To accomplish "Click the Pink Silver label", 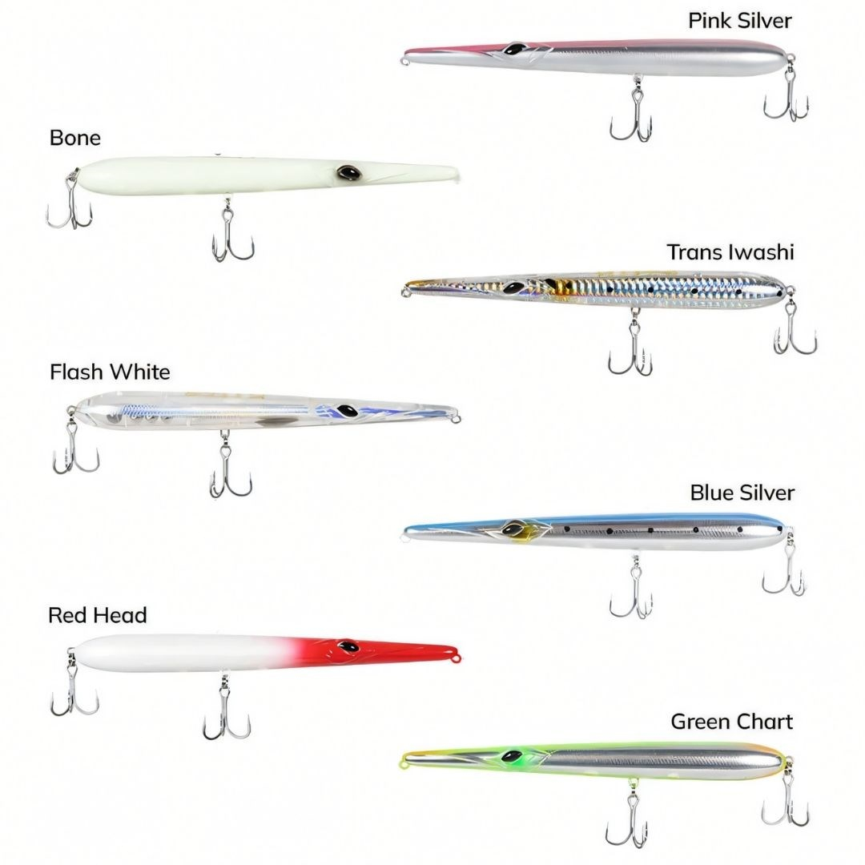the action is click(740, 21).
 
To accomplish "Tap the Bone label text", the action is click(75, 138).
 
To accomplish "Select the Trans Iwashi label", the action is click(730, 252).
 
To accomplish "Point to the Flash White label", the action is click(110, 372).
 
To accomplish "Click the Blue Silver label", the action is click(742, 493).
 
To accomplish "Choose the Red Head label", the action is click(98, 615).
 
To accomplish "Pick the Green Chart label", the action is click(731, 722).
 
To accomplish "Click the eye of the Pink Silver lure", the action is click(514, 49).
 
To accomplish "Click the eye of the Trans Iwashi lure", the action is click(513, 288).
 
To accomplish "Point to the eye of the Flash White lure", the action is click(348, 411).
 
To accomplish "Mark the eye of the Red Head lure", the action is click(348, 646).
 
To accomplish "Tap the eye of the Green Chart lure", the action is click(512, 756).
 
